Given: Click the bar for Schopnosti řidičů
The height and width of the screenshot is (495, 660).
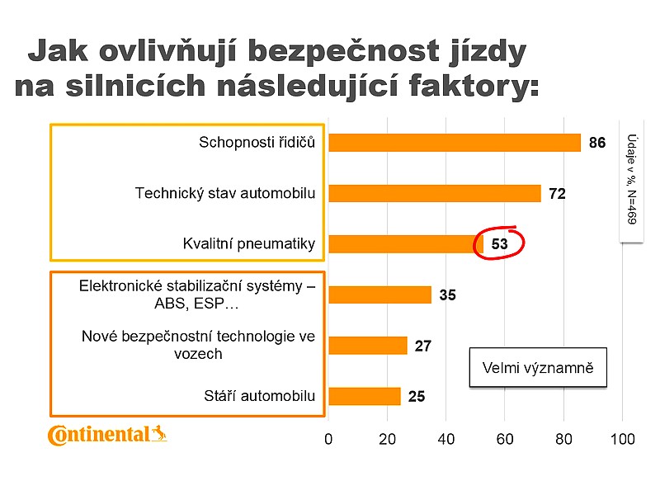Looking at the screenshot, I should coord(455,143).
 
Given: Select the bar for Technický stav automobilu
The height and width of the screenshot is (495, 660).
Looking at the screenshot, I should coord(435,193).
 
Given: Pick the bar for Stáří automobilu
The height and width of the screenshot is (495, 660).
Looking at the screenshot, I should coord(365,396).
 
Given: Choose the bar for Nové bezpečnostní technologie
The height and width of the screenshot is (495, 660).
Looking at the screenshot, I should coord(368,345).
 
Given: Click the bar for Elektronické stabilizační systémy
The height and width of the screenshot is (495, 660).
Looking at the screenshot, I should coord(379,295).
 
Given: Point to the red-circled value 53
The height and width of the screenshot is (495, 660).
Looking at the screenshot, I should coord(499,243).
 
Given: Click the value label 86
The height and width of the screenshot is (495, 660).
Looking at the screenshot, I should coord(597,143).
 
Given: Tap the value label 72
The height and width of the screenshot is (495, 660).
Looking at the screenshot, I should coord(557,194).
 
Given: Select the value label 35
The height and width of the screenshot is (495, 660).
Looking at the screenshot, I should coord(447,295).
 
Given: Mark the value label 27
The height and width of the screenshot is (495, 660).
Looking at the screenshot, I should coord(423,346).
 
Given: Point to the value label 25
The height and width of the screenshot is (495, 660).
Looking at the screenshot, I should coord(417,397).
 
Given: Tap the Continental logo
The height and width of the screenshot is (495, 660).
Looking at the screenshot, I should coord(106,434).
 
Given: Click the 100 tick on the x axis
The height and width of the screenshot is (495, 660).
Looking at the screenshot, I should coord(622,439).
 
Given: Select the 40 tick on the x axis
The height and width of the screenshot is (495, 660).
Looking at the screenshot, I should coord(446,439).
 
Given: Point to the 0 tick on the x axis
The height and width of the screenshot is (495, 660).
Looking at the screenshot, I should coord(329,439).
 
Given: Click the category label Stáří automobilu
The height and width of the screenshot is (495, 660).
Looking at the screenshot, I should coord(260,396).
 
